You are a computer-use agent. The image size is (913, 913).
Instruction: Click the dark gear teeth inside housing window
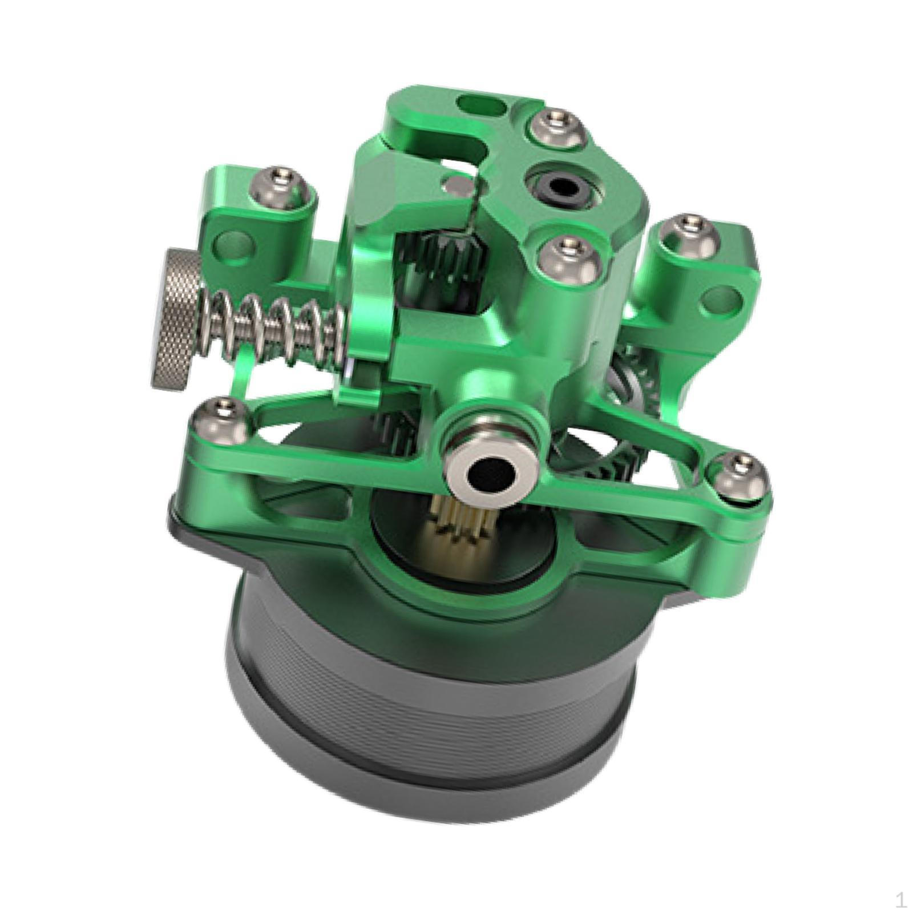[451, 251]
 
